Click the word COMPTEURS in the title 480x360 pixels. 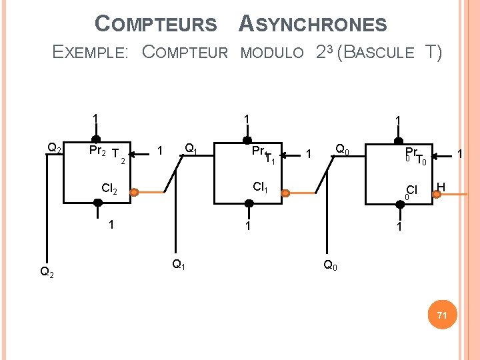156,25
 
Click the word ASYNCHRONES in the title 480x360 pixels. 312,25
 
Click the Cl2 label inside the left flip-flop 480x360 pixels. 109,189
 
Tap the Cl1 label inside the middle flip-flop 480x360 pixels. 261,187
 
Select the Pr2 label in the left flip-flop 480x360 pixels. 97,151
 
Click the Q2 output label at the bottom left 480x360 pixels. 47,271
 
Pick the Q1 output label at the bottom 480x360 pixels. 179,265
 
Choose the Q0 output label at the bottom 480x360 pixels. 330,265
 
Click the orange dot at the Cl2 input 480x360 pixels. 134,193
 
